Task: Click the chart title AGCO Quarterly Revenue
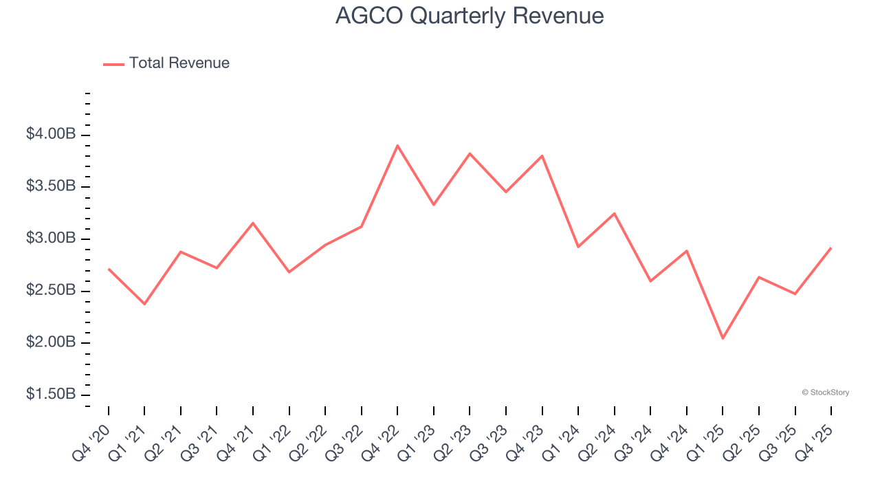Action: (470, 16)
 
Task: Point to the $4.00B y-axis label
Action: (51, 135)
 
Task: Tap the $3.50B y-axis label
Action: (51, 187)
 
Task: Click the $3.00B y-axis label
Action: (51, 239)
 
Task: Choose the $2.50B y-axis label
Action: (51, 291)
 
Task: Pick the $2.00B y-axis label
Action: (51, 343)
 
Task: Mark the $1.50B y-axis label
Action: (51, 395)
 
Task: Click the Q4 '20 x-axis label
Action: (91, 443)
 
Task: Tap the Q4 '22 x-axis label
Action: (380, 443)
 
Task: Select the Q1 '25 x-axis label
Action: (705, 443)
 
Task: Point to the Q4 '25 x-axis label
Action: (814, 443)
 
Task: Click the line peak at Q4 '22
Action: (397, 146)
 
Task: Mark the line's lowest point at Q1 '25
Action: (723, 338)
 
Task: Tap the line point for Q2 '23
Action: (470, 153)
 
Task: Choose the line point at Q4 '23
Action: (542, 156)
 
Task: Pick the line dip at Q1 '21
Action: (144, 304)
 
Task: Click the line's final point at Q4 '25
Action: (831, 247)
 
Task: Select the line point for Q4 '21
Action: (253, 223)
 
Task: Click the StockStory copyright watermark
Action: (825, 393)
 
